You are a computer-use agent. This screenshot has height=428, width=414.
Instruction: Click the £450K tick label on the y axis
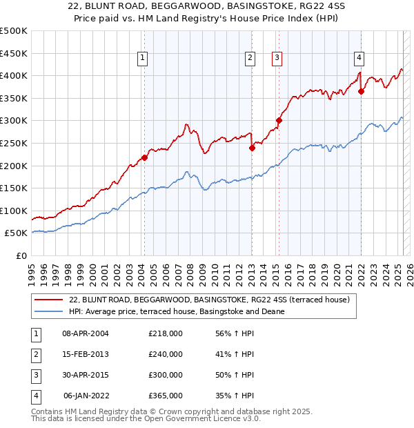[14, 53]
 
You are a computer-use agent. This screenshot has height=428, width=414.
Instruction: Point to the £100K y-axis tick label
[14, 211]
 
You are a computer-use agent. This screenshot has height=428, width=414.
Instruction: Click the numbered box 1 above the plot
[141, 58]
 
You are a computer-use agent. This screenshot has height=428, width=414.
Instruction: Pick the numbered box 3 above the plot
[276, 58]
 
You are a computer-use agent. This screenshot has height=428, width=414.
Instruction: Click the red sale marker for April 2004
[144, 157]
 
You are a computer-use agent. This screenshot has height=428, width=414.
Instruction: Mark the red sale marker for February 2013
[252, 147]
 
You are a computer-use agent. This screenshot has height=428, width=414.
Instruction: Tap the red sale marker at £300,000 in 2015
[279, 120]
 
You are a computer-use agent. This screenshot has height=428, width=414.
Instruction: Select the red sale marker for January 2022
[361, 91]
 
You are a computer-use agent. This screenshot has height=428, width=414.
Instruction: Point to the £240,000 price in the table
[166, 354]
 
